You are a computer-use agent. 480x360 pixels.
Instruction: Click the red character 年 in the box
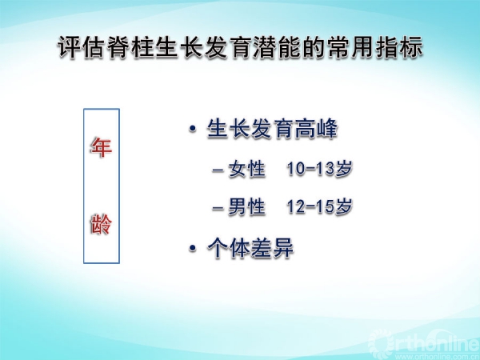coord(102,147)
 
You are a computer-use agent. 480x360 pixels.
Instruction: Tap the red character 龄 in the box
coord(102,224)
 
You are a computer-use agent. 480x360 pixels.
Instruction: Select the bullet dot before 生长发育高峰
coord(193,128)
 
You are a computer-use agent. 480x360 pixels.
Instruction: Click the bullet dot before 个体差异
coord(193,248)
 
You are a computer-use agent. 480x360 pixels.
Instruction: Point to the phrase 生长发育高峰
coord(273,129)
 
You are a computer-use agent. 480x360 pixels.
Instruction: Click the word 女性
coord(246,169)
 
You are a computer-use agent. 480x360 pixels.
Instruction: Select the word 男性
coord(246,206)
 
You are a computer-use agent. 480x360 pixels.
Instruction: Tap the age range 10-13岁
coord(319,169)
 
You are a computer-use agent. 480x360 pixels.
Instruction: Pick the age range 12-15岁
coord(319,206)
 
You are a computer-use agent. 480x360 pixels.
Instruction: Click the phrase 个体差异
coord(250,248)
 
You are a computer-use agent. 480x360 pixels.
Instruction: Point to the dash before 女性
coord(218,170)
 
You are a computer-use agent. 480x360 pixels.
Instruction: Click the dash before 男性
coord(218,208)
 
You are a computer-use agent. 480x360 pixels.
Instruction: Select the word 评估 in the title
coord(81,47)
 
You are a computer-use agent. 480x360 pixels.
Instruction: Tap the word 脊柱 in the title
coord(130,47)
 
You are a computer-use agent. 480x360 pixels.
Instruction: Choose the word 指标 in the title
coord(400,47)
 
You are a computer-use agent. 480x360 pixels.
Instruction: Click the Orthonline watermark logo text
coord(425,342)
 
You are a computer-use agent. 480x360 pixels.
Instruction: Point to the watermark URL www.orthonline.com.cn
coord(441,357)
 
